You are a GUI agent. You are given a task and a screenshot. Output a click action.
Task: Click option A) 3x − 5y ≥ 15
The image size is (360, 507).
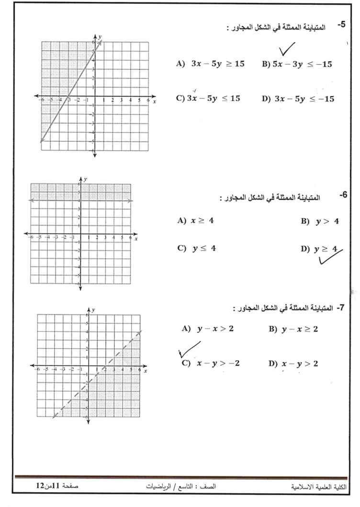coord(210,64)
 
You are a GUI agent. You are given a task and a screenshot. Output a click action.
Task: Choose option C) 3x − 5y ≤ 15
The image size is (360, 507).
coord(208,98)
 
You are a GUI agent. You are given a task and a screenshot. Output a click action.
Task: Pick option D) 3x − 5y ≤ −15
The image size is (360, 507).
coord(297,99)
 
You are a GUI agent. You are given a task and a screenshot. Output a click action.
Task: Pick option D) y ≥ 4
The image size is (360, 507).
coord(319,249)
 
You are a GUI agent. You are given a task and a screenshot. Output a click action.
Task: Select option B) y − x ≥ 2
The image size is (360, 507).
coord(293,329)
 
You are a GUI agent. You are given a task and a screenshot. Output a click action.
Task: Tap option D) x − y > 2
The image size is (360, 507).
coord(293,364)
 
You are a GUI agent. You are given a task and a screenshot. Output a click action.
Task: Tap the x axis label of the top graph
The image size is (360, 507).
coord(154,102)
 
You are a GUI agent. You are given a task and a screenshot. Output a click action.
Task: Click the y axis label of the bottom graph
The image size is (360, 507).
coord(93,310)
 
